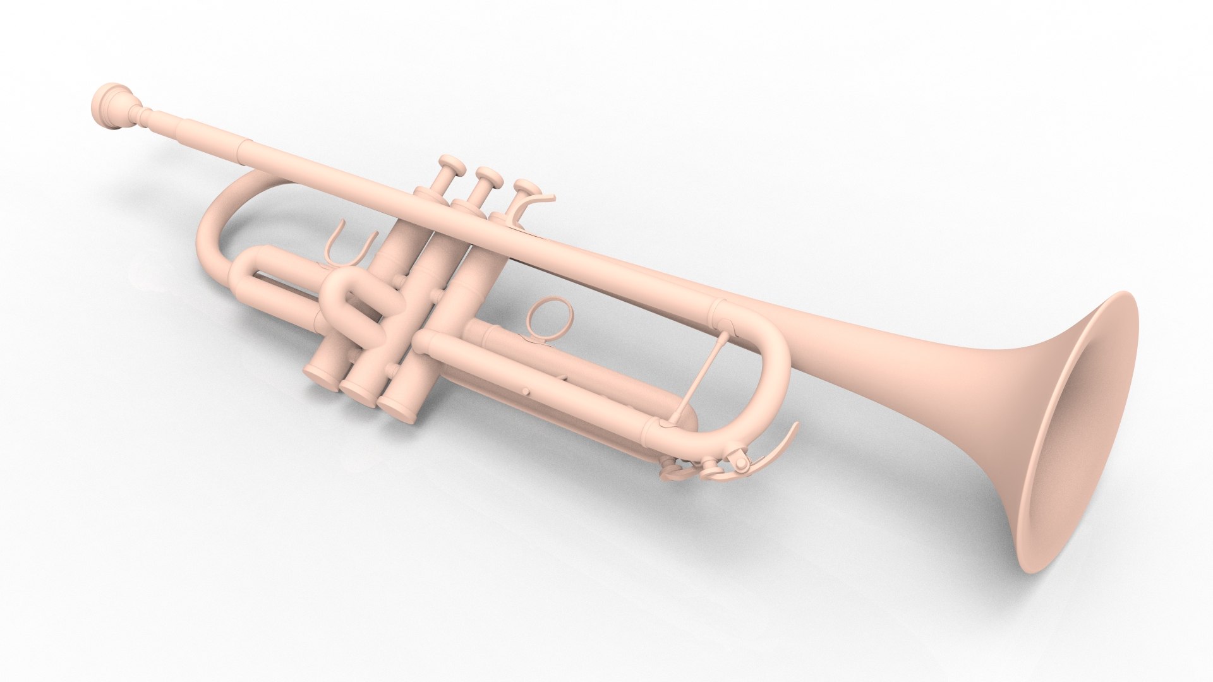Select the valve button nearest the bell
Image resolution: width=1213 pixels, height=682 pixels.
point(525,188)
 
